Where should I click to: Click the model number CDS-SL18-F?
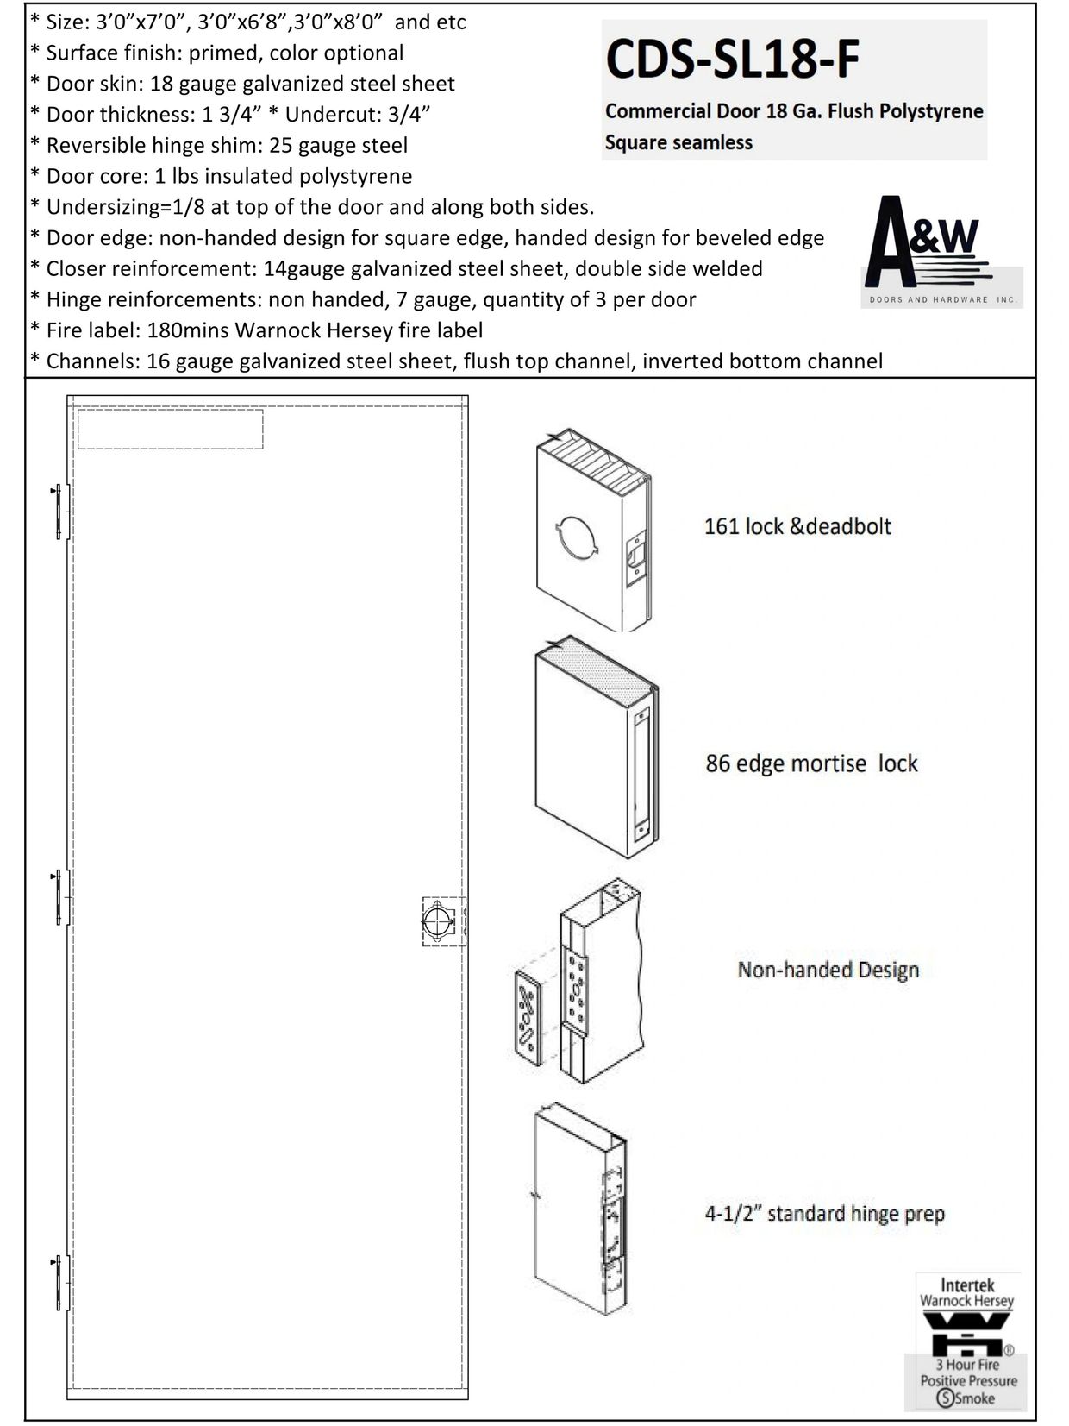pyautogui.click(x=732, y=60)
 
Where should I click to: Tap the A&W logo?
pyautogui.click(x=941, y=252)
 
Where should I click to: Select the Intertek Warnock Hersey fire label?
pyautogui.click(x=967, y=1347)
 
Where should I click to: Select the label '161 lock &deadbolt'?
pyautogui.click(x=797, y=526)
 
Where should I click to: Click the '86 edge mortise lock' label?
pyautogui.click(x=811, y=763)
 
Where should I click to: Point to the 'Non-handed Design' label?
pyautogui.click(x=828, y=970)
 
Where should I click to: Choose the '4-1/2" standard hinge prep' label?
pyautogui.click(x=824, y=1214)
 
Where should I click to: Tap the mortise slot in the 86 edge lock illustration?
pyautogui.click(x=640, y=772)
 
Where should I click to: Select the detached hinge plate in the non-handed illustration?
pyautogui.click(x=527, y=1017)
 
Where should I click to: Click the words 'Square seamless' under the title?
pyautogui.click(x=678, y=142)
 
